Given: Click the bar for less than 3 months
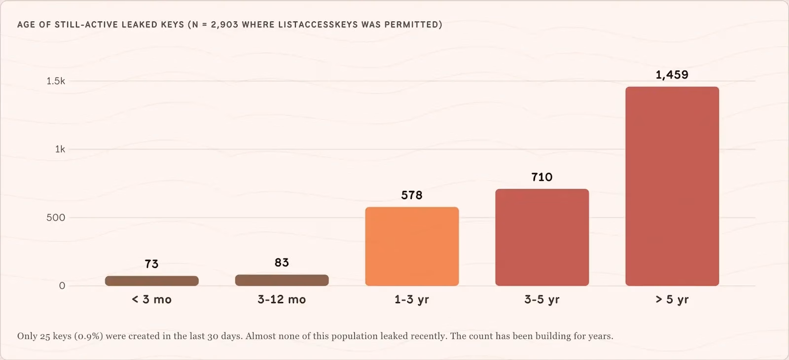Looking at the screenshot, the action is (x=152, y=281).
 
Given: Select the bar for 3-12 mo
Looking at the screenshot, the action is (x=282, y=280).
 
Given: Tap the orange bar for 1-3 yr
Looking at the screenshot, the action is (x=412, y=246).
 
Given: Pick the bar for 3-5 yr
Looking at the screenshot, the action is (x=542, y=237).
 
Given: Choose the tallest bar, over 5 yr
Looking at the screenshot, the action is (x=672, y=186).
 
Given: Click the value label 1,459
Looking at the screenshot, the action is (x=672, y=74).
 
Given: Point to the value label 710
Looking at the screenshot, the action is (x=542, y=177).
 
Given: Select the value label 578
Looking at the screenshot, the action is (x=412, y=195).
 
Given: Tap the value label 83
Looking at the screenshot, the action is (x=282, y=262).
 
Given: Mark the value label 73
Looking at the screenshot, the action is (x=151, y=264).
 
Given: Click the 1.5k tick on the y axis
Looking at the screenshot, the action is (x=56, y=81).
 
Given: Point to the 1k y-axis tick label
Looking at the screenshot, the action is (x=60, y=149).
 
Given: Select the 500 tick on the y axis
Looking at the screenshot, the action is (x=56, y=217).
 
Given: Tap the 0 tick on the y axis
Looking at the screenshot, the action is (x=62, y=286).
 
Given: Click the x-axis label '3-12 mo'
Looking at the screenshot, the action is (x=282, y=299).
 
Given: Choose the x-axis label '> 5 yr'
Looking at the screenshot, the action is (x=672, y=299).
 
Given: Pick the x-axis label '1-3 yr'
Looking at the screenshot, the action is (x=412, y=299).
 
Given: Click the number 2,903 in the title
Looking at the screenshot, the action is (x=224, y=25).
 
